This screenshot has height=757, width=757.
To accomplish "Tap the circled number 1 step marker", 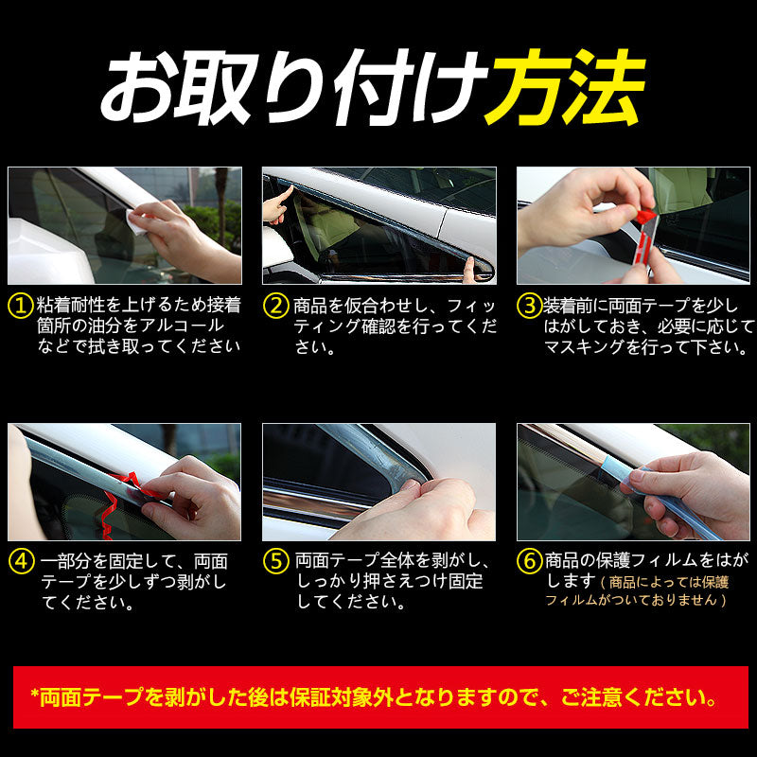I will pyautogui.click(x=20, y=305).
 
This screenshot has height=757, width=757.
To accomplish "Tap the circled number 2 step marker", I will pyautogui.click(x=275, y=305).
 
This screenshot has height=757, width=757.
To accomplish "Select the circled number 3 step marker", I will pyautogui.click(x=529, y=305).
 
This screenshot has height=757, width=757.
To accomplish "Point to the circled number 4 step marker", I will pyautogui.click(x=20, y=560).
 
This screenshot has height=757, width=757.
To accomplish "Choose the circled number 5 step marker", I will pyautogui.click(x=275, y=560).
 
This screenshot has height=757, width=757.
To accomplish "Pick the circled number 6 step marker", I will pyautogui.click(x=529, y=560).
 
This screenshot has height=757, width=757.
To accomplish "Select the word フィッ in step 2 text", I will pyautogui.click(x=468, y=305).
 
